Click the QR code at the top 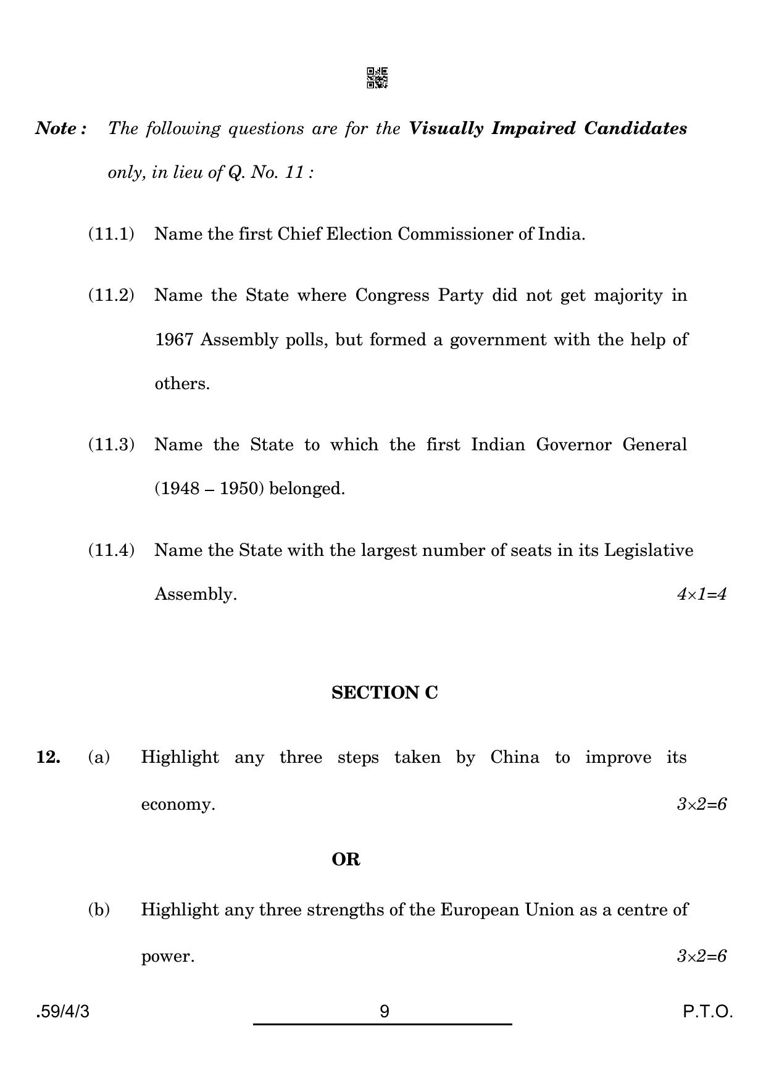377,78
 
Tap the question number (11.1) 111,234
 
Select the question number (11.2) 111,295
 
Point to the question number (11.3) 111,445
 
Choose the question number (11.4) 111,550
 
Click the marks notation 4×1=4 701,594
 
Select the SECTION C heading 385,693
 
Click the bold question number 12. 48,757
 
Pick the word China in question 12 515,757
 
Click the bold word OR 346,860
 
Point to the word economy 178,804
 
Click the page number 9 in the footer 385,1012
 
